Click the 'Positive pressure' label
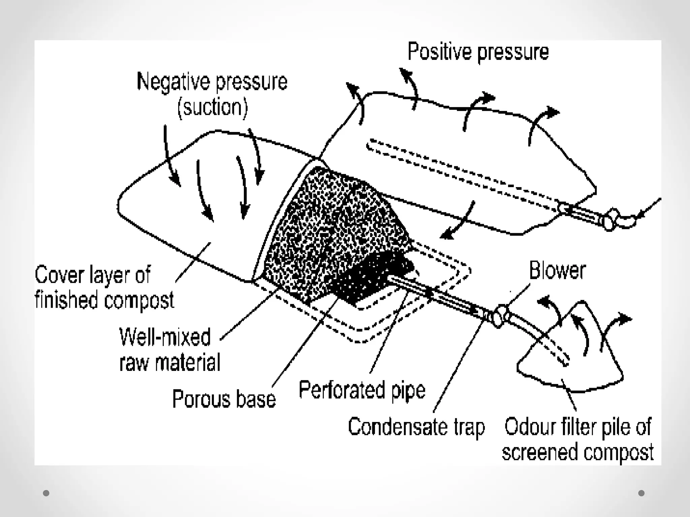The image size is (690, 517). click(x=478, y=53)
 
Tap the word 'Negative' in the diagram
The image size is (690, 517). click(x=174, y=82)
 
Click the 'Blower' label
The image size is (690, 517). click(x=557, y=271)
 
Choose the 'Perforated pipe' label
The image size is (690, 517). click(x=362, y=391)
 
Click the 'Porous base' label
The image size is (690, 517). click(x=224, y=400)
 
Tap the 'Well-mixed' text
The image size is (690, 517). click(x=165, y=337)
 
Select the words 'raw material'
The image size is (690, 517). click(x=170, y=363)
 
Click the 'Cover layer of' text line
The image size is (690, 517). click(x=93, y=275)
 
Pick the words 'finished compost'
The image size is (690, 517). click(x=104, y=300)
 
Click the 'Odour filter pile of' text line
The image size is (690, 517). click(x=577, y=427)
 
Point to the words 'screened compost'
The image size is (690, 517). click(x=577, y=452)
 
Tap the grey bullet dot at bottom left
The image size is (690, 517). click(x=46, y=493)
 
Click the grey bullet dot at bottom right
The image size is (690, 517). click(x=641, y=493)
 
